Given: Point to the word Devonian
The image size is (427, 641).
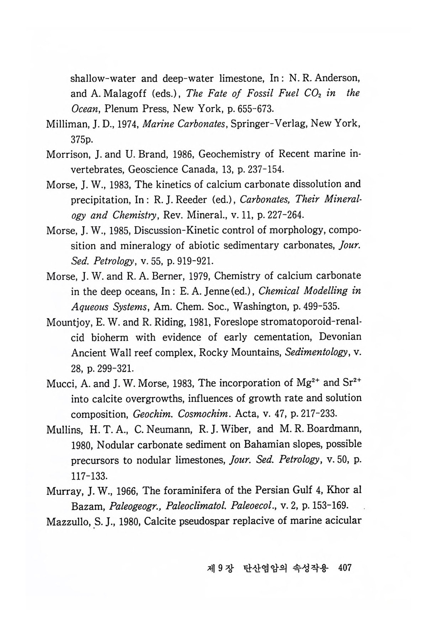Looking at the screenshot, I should coord(340,337).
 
